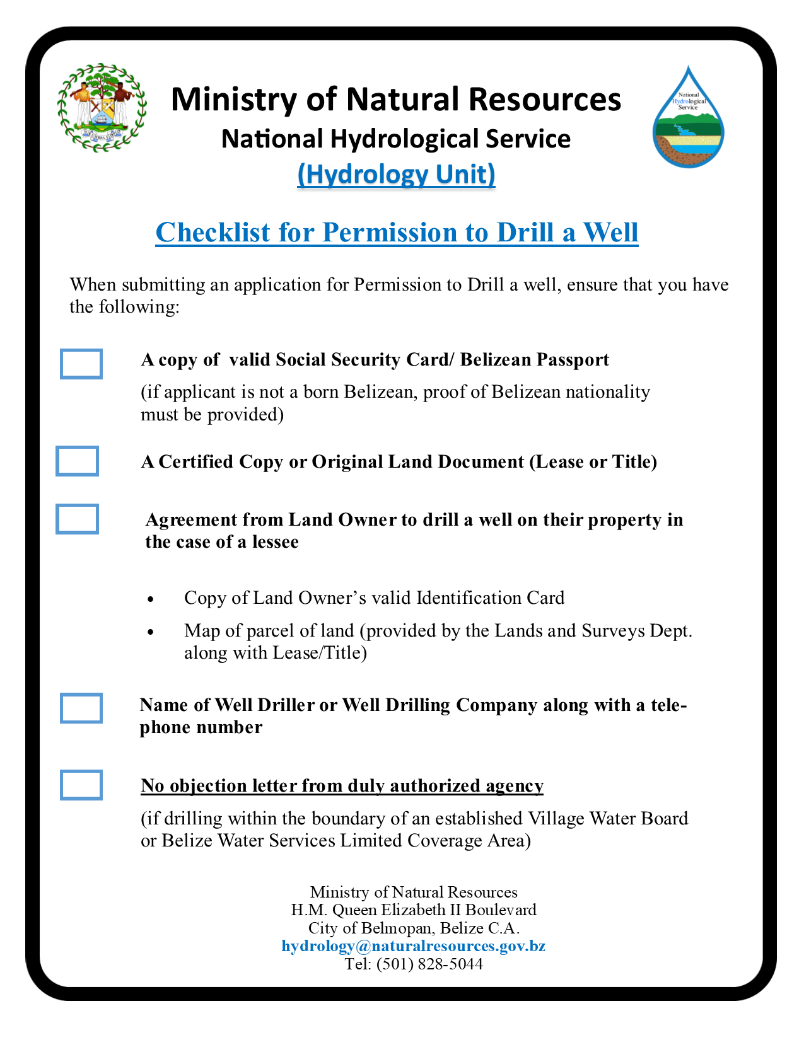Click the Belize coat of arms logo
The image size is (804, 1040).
pyautogui.click(x=102, y=107)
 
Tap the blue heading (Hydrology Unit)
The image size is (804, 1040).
pyautogui.click(x=396, y=175)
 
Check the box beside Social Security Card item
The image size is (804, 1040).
pyautogui.click(x=81, y=364)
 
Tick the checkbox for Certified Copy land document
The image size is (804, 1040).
pyautogui.click(x=77, y=461)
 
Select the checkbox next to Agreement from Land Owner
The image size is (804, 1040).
pyautogui.click(x=77, y=519)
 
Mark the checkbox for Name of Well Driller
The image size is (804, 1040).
pyautogui.click(x=81, y=708)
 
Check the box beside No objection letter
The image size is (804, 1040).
pyautogui.click(x=81, y=785)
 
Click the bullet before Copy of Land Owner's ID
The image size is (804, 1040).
pyautogui.click(x=149, y=599)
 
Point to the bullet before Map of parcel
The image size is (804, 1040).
pyautogui.click(x=149, y=632)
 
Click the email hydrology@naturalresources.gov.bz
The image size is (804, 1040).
pyautogui.click(x=413, y=946)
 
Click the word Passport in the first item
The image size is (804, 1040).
pyautogui.click(x=573, y=360)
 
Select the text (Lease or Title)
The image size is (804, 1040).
pyautogui.click(x=593, y=462)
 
